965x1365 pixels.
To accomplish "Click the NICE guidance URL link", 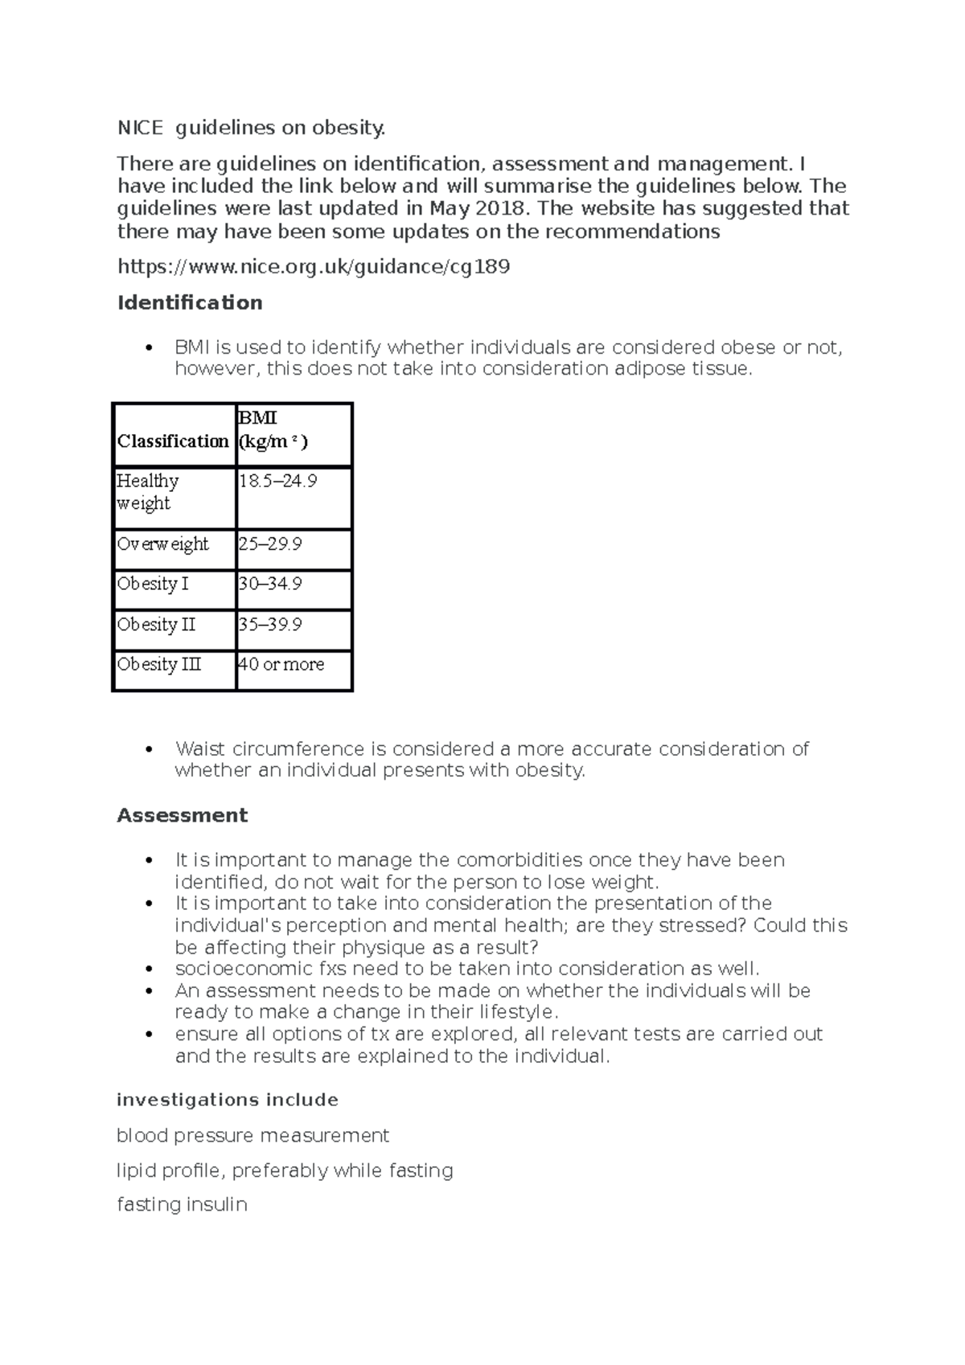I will coord(314,267).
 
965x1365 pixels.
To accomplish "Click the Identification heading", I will coord(190,303).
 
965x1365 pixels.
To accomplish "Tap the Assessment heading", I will coord(182,815).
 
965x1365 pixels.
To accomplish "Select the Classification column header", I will coord(173,441).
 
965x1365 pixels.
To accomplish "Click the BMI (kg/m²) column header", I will coord(273,430).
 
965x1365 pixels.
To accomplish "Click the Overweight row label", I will coord(162,544).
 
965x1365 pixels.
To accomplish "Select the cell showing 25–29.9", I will coord(270,544).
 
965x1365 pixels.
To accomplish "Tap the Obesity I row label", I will coord(153,584).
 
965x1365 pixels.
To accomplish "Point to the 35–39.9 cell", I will coord(270,625).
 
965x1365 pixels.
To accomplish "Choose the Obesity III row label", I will coord(159,665).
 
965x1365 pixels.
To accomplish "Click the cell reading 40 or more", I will coord(281,665).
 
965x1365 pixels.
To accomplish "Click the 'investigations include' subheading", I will coord(228,1100).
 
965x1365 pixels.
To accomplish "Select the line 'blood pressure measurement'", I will coord(253,1136).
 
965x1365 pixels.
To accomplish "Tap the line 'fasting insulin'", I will coord(182,1204).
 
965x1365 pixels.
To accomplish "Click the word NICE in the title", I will coord(140,128).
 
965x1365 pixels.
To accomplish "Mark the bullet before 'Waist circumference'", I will coord(147,749).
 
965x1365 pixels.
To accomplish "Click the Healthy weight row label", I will coord(148,492).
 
